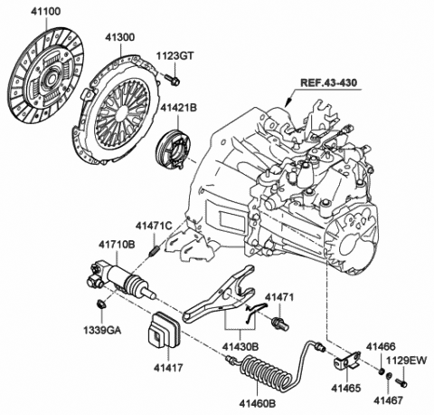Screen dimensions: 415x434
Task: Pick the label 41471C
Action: [152, 224]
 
